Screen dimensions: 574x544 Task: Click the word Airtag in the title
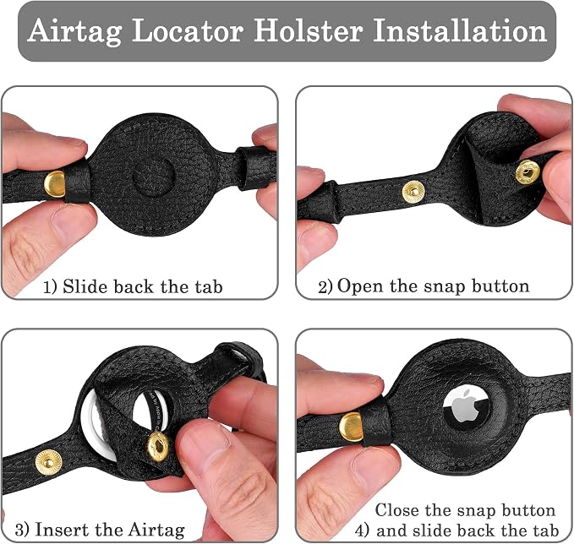pyautogui.click(x=74, y=31)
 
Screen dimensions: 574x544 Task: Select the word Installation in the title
pyautogui.click(x=460, y=30)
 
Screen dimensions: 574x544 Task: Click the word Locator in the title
pyautogui.click(x=188, y=30)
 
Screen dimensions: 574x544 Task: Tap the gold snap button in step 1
pyautogui.click(x=54, y=183)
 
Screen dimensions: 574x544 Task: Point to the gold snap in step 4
pyautogui.click(x=352, y=427)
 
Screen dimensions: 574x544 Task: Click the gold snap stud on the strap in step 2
pyautogui.click(x=413, y=192)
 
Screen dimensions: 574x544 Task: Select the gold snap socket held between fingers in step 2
pyautogui.click(x=528, y=171)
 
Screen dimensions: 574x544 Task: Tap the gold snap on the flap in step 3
pyautogui.click(x=158, y=446)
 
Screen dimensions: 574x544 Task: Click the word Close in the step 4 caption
pyautogui.click(x=399, y=509)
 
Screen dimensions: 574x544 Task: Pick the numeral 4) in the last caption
pyautogui.click(x=363, y=530)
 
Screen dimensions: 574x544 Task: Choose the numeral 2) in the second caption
pyautogui.click(x=325, y=287)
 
